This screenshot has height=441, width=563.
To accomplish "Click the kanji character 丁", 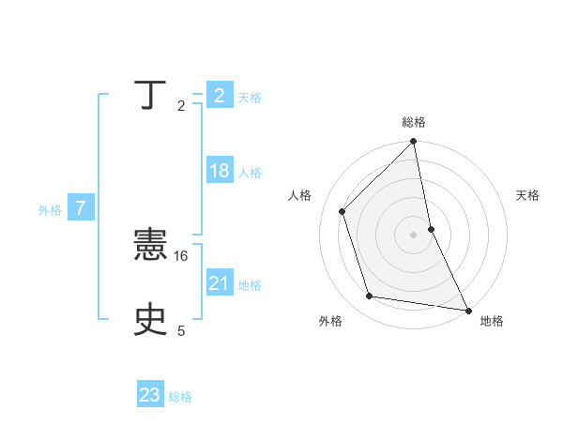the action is click(150, 97).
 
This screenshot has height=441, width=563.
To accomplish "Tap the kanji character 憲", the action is click(150, 247).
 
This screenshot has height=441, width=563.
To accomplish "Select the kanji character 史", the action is click(150, 321).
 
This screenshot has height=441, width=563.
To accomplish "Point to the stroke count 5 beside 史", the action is click(181, 330).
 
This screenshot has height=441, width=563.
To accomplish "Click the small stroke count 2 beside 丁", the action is click(181, 106).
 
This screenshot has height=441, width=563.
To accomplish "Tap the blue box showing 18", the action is click(220, 171).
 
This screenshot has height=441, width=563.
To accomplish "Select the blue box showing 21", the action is click(220, 283).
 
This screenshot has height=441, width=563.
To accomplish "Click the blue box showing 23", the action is click(150, 395).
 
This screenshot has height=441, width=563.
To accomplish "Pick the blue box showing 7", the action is click(81, 208).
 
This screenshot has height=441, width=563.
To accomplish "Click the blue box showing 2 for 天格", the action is click(220, 96).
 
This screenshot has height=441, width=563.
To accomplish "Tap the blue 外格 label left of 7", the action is click(50, 210).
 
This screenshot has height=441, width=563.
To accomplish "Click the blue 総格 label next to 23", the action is click(180, 397).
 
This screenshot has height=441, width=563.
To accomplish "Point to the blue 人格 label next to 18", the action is click(250, 173).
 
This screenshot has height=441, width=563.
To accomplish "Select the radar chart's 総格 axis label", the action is click(413, 122).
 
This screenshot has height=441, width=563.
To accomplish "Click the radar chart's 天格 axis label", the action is click(528, 195).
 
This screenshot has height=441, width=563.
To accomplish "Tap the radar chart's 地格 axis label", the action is click(492, 321).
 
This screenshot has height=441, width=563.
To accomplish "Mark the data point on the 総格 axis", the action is click(413, 143).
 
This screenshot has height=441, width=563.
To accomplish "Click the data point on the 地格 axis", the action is click(467, 310).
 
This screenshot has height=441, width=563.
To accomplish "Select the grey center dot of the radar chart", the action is click(413, 235).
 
